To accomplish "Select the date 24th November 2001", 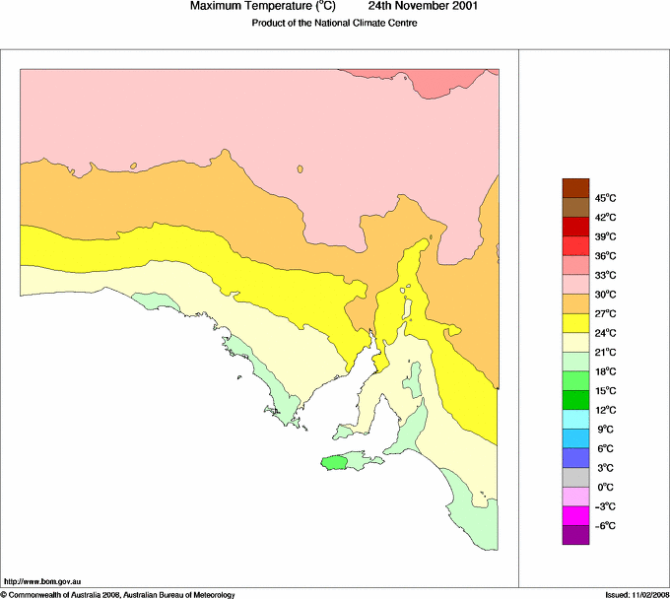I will [x=424, y=6].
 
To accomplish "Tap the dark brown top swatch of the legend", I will [x=575, y=187].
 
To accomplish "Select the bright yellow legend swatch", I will [x=575, y=322].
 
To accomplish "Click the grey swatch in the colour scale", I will [x=575, y=477].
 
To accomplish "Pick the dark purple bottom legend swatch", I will [x=575, y=535].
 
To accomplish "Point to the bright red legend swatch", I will [x=575, y=245].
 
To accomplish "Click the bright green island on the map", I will [x=335, y=461].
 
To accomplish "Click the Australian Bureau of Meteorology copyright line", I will [x=118, y=594].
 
